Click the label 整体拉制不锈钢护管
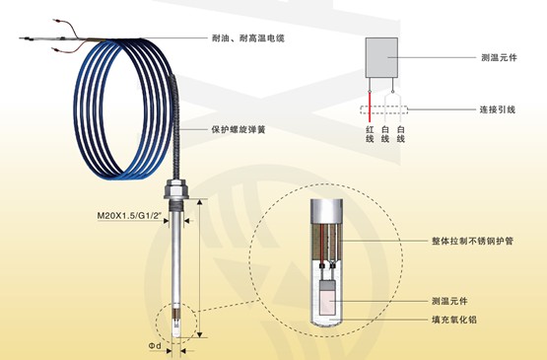[x=474, y=241]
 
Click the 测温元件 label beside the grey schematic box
[x=501, y=58]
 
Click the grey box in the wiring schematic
[x=380, y=57]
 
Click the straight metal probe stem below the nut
[x=176, y=256]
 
